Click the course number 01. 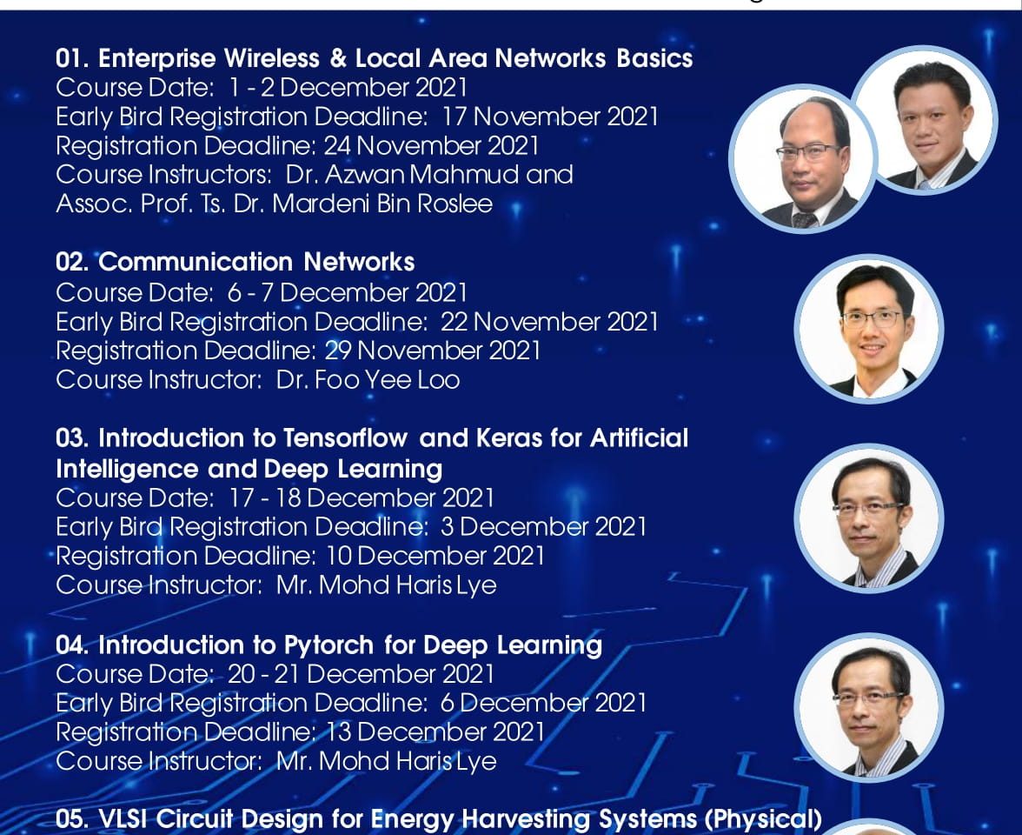(72, 59)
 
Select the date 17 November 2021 (550, 117)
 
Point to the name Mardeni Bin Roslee (382, 204)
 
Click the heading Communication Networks (257, 263)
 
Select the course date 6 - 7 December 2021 (348, 292)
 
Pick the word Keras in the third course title (509, 438)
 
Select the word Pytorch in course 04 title (328, 645)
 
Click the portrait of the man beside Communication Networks (869, 328)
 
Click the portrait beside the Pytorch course (869, 707)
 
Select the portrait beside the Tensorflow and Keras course (869, 518)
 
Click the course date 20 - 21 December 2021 (362, 674)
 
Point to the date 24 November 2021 (431, 145)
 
